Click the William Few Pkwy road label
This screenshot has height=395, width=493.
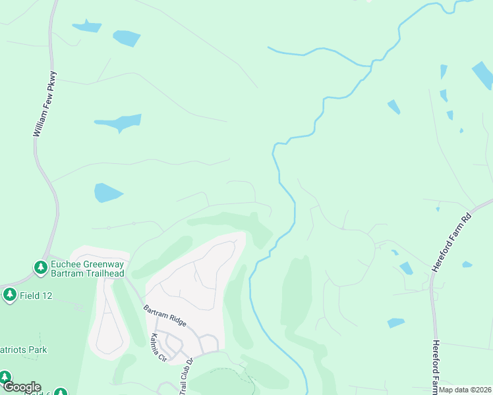click(45, 104)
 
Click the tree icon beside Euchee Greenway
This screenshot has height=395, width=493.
click(40, 269)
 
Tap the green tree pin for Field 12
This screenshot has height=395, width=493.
click(9, 295)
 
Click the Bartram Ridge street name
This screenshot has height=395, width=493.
click(165, 316)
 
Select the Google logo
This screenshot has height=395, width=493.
click(21, 387)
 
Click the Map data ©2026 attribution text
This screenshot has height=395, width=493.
click(464, 390)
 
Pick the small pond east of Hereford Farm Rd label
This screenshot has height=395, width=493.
click(467, 265)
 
